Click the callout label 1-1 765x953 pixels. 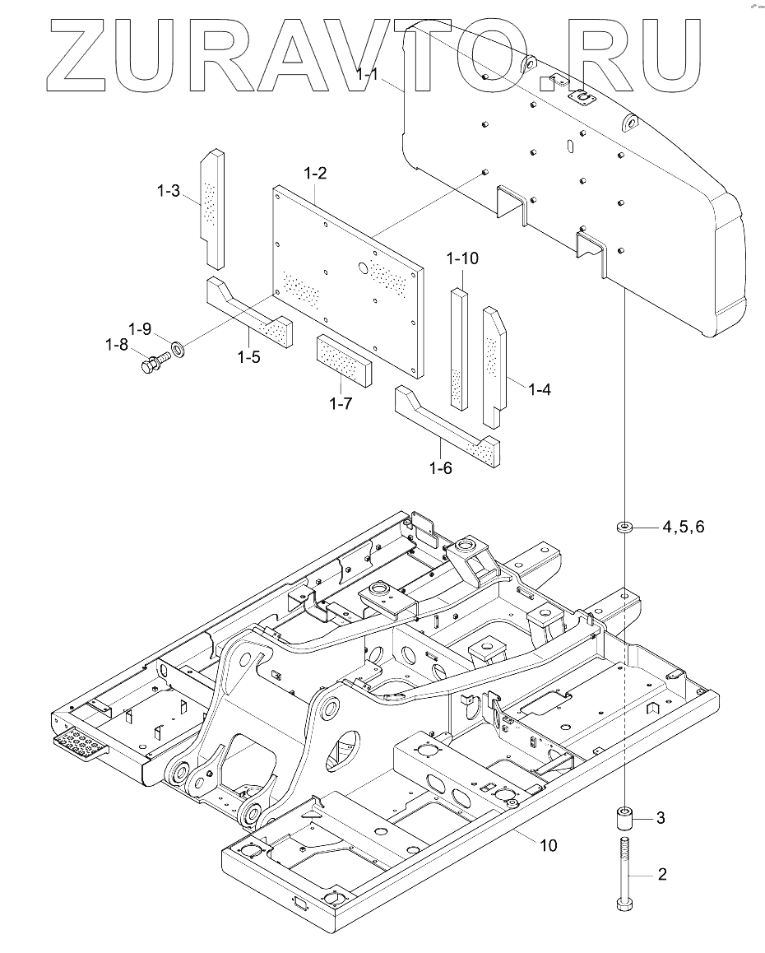pos(367,75)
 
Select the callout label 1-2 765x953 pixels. pos(315,174)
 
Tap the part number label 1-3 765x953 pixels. pos(168,191)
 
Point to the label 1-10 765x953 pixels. pos(462,258)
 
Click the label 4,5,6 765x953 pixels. pos(683,528)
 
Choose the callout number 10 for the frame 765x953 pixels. pos(548,845)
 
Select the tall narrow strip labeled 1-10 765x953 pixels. pos(459,349)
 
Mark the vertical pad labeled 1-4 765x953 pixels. pos(494,366)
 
